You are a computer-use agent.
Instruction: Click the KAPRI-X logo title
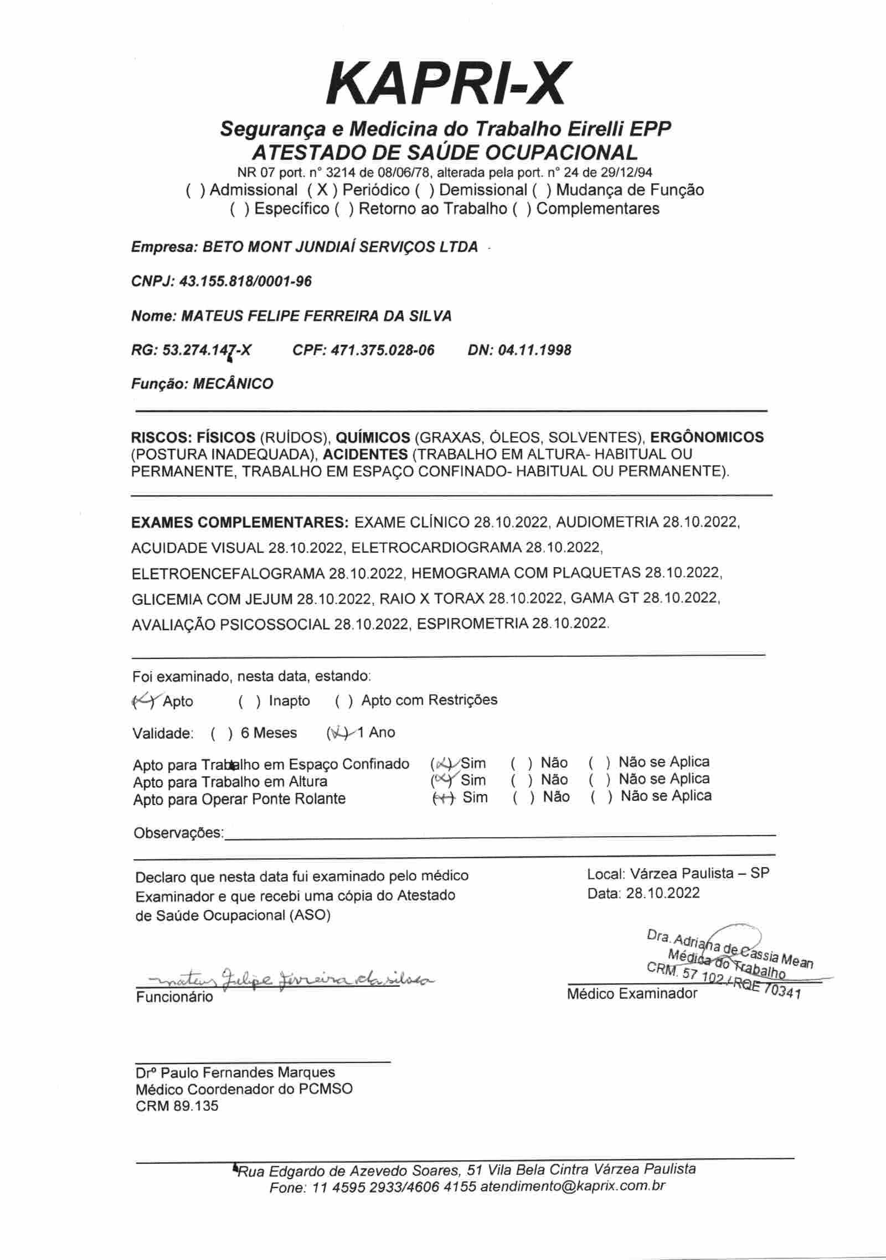[446, 85]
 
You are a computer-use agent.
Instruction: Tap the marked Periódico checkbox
[321, 190]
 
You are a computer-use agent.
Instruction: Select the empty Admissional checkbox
[195, 190]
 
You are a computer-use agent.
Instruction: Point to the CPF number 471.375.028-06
[383, 350]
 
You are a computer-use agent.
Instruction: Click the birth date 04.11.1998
[535, 350]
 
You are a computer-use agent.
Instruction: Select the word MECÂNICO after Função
[233, 384]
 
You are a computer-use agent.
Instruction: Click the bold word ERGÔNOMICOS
[707, 437]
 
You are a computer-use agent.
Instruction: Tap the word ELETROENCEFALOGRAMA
[228, 573]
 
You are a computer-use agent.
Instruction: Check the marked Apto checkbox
[143, 701]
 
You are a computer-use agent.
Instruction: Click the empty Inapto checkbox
[250, 701]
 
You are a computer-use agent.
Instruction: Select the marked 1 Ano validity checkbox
[338, 733]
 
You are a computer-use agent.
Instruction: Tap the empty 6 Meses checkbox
[221, 734]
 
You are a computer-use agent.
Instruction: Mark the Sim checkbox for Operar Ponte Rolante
[444, 797]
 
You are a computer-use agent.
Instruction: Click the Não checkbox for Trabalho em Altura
[522, 780]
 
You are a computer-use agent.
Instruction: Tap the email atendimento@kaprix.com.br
[573, 1186]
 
